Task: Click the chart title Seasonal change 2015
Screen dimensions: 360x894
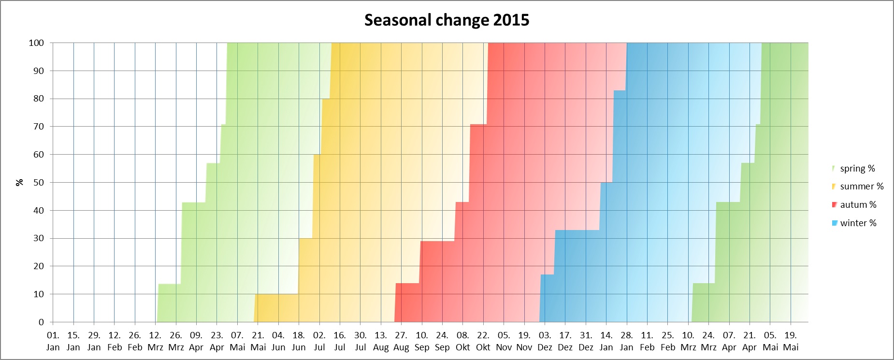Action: (447, 20)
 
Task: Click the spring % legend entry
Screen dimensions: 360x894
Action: (857, 169)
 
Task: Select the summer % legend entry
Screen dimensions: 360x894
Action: (861, 187)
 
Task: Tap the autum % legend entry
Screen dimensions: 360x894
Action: (858, 205)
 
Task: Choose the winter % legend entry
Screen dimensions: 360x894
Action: (858, 223)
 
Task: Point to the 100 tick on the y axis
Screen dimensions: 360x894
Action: (36, 43)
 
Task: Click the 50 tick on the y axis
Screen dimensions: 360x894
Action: (38, 183)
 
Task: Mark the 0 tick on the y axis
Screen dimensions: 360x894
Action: (41, 322)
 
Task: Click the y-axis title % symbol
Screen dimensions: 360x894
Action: (19, 183)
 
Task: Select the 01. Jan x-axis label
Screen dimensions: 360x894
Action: (53, 341)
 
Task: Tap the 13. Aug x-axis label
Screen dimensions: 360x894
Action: (381, 341)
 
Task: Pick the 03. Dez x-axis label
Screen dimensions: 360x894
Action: (545, 341)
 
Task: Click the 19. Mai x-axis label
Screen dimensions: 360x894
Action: (791, 341)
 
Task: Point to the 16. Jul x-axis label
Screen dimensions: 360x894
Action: (340, 341)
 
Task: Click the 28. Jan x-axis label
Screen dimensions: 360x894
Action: (626, 341)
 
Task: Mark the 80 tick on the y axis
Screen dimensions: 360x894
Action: (38, 99)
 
